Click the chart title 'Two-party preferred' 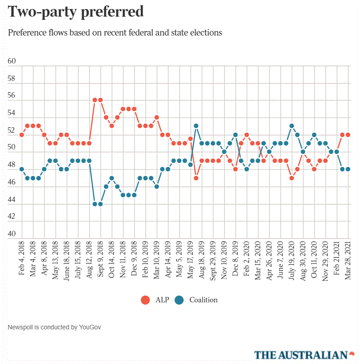click(x=76, y=12)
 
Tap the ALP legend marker click(x=145, y=300)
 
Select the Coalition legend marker click(x=179, y=300)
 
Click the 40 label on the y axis click(x=12, y=234)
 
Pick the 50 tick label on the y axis click(x=12, y=148)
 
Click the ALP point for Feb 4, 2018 click(x=22, y=135)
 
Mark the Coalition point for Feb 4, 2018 click(x=22, y=169)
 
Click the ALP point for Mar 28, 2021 click(x=348, y=135)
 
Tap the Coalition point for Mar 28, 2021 click(x=348, y=169)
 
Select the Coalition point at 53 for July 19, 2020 click(x=292, y=126)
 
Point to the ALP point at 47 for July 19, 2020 click(x=292, y=178)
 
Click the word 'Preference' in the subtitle click(x=27, y=33)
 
